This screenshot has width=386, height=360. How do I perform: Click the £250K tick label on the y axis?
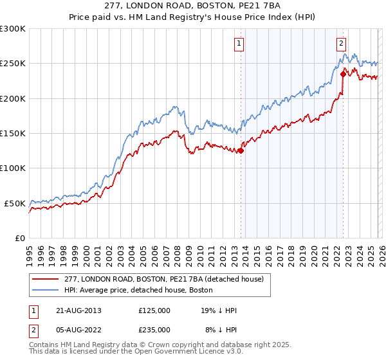13,64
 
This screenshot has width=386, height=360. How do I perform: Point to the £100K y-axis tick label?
13,168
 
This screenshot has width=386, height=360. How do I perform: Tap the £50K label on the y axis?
15,203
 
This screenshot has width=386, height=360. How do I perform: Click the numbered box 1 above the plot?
239,44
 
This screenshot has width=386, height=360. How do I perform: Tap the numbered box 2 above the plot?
340,44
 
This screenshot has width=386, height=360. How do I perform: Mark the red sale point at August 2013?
241,151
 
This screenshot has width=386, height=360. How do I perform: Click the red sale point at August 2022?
343,74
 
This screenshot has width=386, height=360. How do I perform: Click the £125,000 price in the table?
154,310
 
